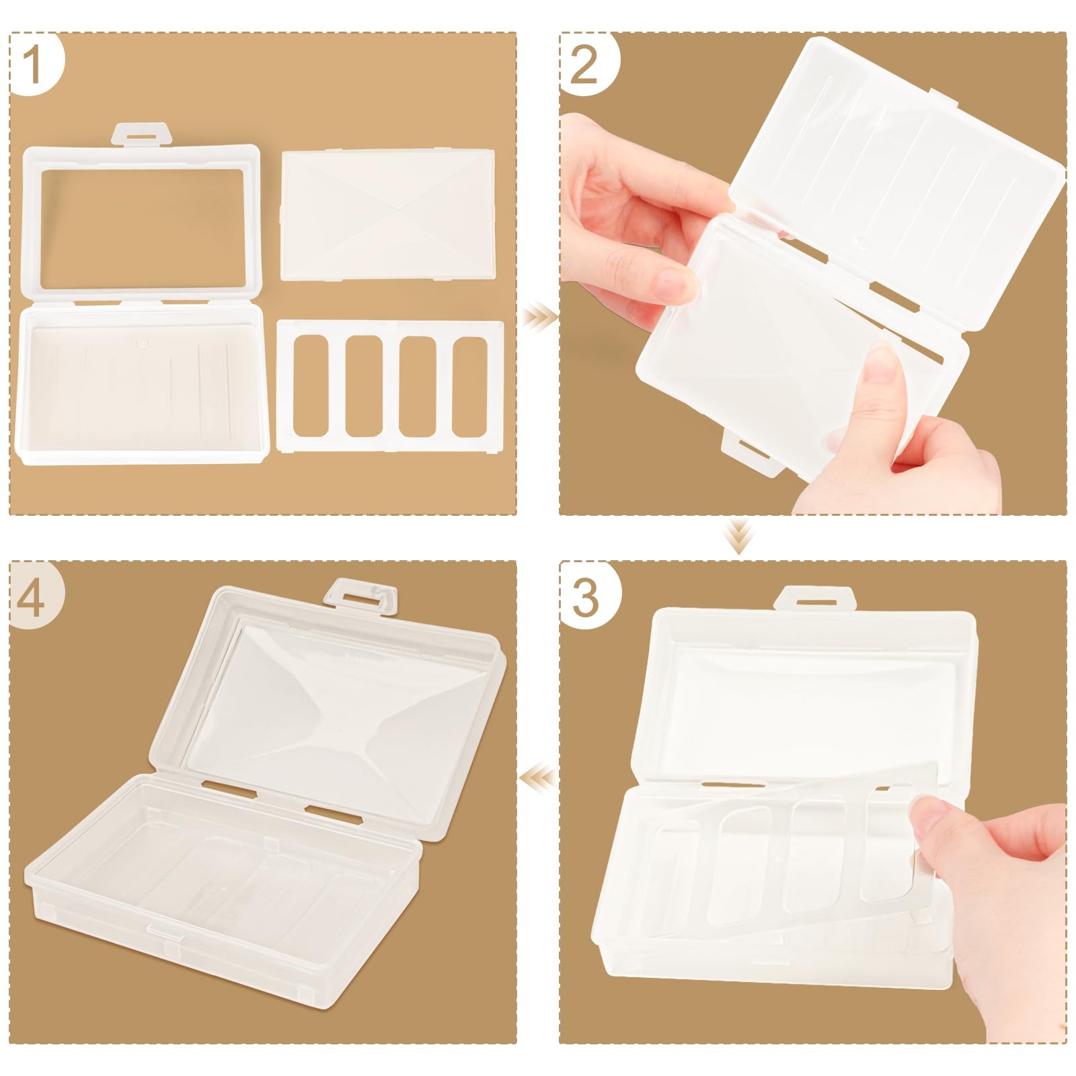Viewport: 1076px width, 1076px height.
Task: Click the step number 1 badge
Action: [x=35, y=64]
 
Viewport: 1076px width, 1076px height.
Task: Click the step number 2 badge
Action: [x=585, y=64]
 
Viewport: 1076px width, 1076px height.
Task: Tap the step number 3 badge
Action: [x=585, y=595]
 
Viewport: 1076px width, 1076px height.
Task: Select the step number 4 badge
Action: [x=35, y=595]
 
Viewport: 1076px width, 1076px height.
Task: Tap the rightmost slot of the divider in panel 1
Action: [x=469, y=387]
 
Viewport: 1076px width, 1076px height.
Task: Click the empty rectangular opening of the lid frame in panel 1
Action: [x=143, y=226]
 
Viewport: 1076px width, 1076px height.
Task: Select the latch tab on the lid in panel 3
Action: [x=814, y=597]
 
